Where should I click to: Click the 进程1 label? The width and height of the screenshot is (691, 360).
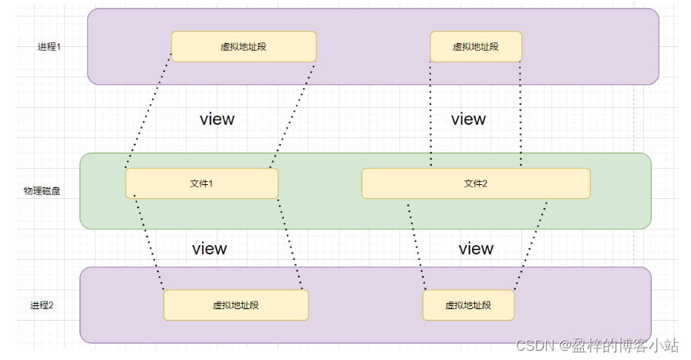[49, 47]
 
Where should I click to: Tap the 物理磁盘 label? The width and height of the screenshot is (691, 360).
[42, 191]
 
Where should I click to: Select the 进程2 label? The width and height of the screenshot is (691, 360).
[42, 305]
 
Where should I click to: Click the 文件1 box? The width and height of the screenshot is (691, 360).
[202, 183]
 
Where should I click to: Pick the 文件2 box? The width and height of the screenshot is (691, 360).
[476, 183]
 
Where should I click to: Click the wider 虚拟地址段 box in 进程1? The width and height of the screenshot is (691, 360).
[244, 47]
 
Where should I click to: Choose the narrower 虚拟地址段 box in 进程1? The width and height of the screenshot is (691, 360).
[476, 47]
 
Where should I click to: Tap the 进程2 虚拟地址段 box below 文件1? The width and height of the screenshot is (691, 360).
[236, 305]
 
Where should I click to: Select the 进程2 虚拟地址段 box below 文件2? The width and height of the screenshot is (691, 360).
[468, 305]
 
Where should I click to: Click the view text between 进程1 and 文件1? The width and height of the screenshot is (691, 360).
[217, 119]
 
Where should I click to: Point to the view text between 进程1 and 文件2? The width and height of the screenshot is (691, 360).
[468, 119]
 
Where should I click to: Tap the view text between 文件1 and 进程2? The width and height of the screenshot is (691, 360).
[210, 248]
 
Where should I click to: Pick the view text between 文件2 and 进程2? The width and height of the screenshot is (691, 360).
[476, 248]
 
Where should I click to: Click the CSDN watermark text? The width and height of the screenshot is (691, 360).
[597, 345]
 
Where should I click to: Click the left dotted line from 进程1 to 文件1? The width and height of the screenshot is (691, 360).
[149, 110]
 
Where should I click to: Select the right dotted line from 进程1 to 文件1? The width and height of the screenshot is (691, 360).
[293, 115]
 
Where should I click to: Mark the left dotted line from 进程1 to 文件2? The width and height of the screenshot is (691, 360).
[430, 113]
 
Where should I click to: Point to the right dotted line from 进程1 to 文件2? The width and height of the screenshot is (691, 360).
[521, 113]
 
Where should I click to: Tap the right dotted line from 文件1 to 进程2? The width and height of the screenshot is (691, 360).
[290, 244]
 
